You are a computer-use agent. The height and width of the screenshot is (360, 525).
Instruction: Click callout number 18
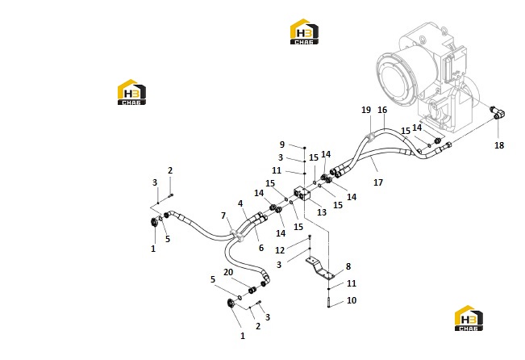coord(499,145)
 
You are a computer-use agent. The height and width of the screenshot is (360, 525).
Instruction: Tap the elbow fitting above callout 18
coord(498,113)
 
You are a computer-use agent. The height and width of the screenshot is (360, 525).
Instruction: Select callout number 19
coord(366,110)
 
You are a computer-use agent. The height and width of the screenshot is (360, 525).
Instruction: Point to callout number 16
coord(382,110)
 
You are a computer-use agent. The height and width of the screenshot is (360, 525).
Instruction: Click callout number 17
coord(378,182)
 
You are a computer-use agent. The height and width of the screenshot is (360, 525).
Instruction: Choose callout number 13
coord(322,212)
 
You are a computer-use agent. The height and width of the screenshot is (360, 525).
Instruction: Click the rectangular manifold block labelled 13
coord(302,194)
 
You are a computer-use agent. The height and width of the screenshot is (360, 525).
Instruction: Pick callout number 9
coord(282,144)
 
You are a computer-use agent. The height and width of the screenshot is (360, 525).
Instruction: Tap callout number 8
coord(348,266)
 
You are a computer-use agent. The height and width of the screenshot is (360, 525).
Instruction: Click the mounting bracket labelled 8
coord(319,268)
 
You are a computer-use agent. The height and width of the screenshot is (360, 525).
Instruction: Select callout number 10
coord(352,300)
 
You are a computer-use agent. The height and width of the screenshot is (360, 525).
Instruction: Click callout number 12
coord(280,250)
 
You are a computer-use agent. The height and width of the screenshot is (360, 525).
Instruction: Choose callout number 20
coord(228,272)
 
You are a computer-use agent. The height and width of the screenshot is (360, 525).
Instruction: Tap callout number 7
coord(223,216)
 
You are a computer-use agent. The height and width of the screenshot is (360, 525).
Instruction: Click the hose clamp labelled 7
coord(237,235)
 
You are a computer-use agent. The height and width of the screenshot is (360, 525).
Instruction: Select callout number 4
coord(240,203)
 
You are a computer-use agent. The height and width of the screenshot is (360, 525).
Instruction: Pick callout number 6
coord(261,248)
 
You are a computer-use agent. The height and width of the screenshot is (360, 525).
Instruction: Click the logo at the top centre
coord(304,31)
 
